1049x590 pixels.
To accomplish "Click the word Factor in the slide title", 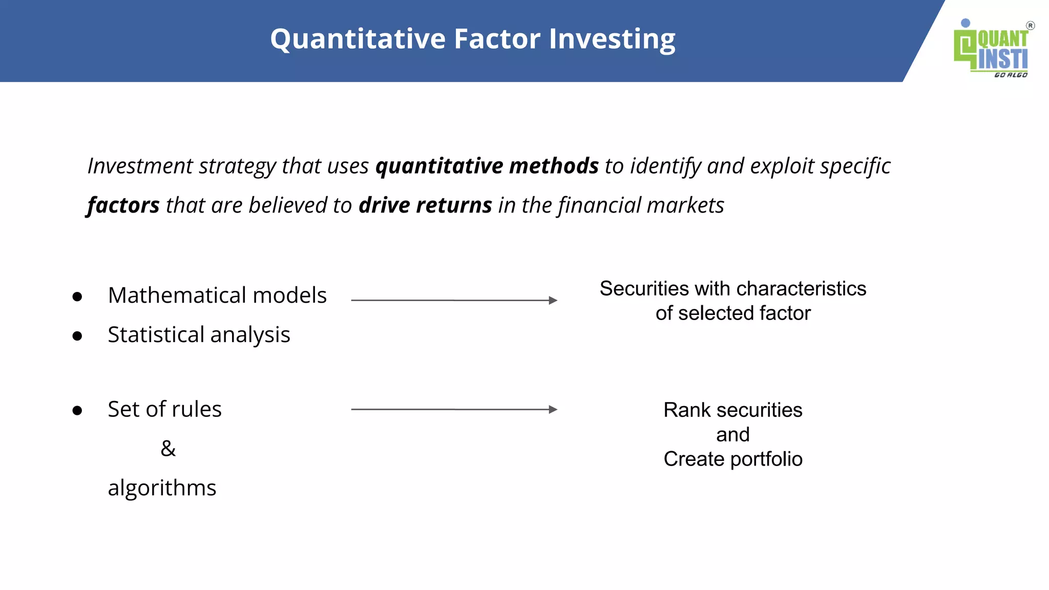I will [x=497, y=39].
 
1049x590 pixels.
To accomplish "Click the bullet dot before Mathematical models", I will [x=77, y=297].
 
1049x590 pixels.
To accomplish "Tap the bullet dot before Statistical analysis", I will [x=77, y=336].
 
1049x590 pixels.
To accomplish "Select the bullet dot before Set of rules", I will [x=77, y=410].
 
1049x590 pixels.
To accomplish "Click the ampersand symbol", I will [x=168, y=449].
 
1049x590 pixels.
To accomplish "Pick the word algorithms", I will [x=162, y=488].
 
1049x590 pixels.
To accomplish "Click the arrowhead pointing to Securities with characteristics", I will [x=553, y=300].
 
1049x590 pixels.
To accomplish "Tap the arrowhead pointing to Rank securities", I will [x=553, y=409].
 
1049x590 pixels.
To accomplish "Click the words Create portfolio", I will [x=733, y=459].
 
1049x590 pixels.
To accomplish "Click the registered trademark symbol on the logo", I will [x=1030, y=26].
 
